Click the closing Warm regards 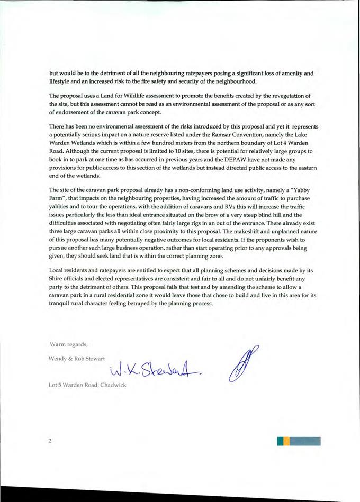(x=68, y=344)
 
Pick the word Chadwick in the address (x=113, y=384)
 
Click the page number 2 (x=50, y=441)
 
